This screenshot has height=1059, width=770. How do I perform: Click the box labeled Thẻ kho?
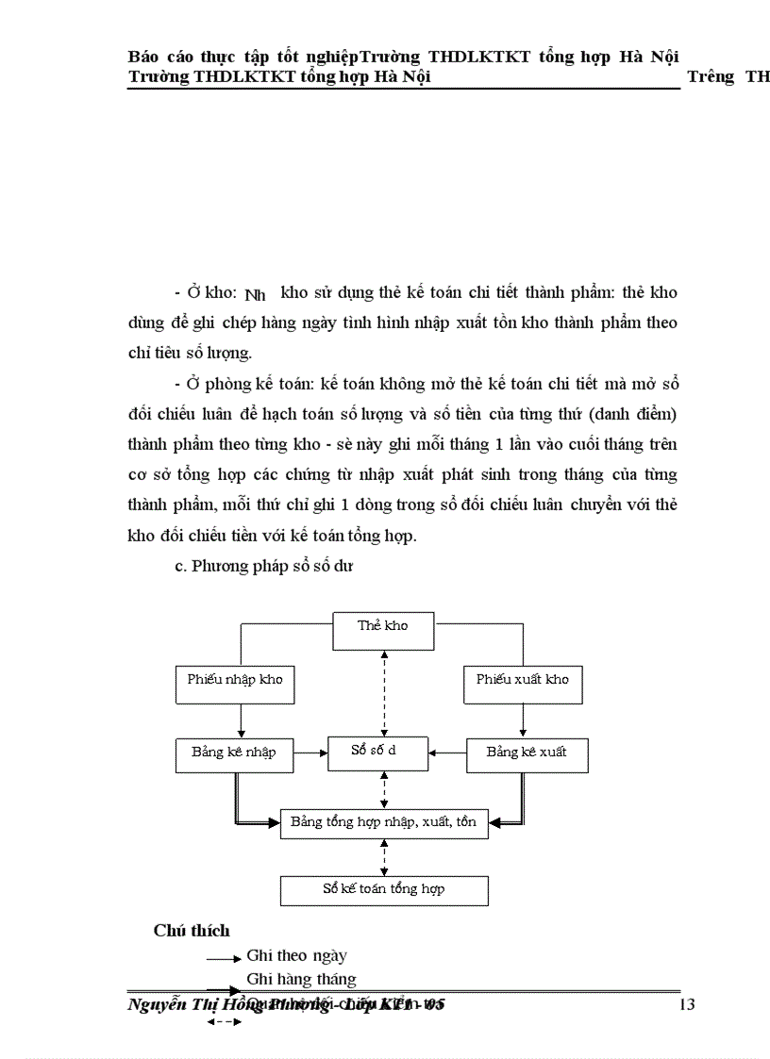tap(383, 630)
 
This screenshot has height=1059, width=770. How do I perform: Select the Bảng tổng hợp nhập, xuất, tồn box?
tap(384, 822)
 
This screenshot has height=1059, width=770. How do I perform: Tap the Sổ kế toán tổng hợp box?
tap(384, 890)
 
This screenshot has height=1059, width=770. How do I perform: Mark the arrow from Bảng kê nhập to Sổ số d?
tap(310, 753)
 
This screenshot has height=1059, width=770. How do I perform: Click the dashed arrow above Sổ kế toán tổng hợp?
tap(384, 857)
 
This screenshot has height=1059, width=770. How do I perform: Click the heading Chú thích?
tap(192, 931)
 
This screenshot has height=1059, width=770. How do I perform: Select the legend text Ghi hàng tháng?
tap(301, 979)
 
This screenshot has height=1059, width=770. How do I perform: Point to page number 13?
tap(686, 1004)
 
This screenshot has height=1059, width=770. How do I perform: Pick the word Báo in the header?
tap(143, 56)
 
